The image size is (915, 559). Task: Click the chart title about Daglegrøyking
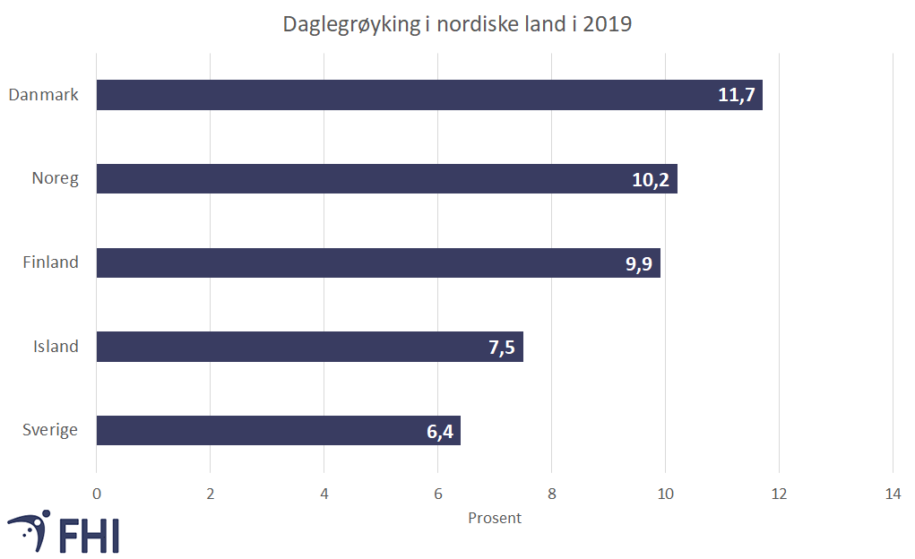pyautogui.click(x=457, y=24)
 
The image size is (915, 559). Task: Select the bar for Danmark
pyautogui.click(x=403, y=95)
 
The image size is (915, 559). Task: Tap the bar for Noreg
pyautogui.click(x=358, y=179)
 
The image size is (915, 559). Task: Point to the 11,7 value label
pyautogui.click(x=738, y=95)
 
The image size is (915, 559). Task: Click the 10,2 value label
pyautogui.click(x=652, y=179)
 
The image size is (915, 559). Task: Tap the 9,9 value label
pyautogui.click(x=639, y=263)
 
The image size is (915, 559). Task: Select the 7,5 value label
pyautogui.click(x=502, y=348)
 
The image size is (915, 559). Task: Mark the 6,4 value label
pyautogui.click(x=439, y=431)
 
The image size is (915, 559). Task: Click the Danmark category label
pyautogui.click(x=43, y=95)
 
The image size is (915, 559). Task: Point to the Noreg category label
pyautogui.click(x=55, y=179)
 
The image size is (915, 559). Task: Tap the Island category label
pyautogui.click(x=56, y=347)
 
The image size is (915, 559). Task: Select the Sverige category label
pyautogui.click(x=50, y=431)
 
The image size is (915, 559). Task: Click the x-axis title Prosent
pyautogui.click(x=495, y=518)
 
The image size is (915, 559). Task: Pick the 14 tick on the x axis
pyautogui.click(x=893, y=493)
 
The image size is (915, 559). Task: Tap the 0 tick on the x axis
pyautogui.click(x=97, y=493)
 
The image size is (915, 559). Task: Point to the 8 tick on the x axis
pyautogui.click(x=551, y=493)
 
